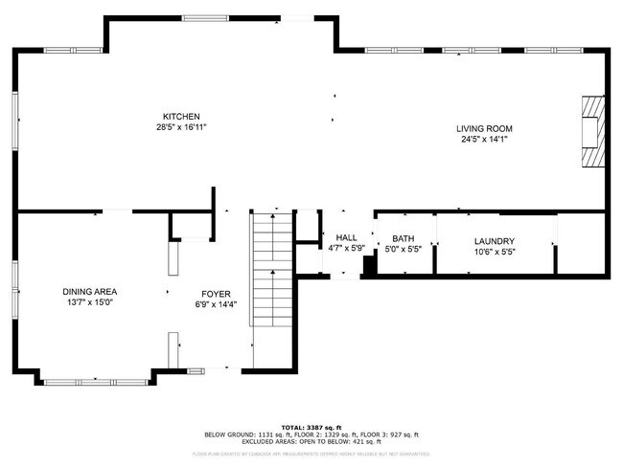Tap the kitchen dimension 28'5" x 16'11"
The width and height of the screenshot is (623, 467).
pyautogui.click(x=180, y=127)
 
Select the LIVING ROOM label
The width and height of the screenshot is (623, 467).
pyautogui.click(x=484, y=128)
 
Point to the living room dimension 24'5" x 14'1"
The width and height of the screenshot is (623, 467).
pyautogui.click(x=484, y=139)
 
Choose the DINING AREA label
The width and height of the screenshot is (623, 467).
pyautogui.click(x=89, y=291)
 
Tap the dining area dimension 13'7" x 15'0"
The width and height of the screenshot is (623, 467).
pyautogui.click(x=89, y=301)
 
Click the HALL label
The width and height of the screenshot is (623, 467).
pyautogui.click(x=346, y=237)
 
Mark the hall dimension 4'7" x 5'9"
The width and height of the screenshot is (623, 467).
pyautogui.click(x=346, y=248)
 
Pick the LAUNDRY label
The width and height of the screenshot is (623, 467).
pyautogui.click(x=495, y=241)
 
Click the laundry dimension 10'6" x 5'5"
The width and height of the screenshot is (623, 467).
pyautogui.click(x=495, y=252)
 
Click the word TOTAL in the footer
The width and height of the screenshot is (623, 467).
pyautogui.click(x=292, y=426)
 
